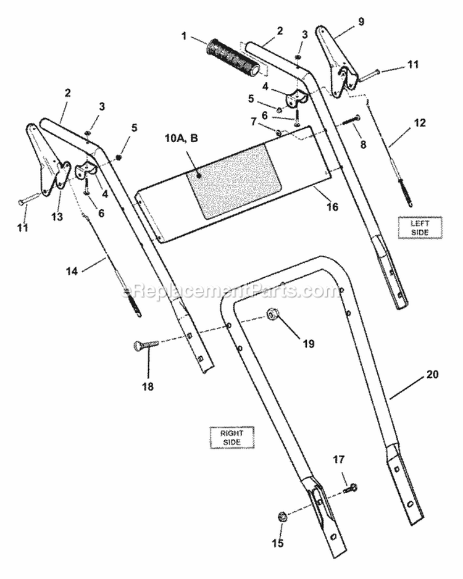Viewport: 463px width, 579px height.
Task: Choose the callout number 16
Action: coord(332,207)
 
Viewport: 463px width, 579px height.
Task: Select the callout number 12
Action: coord(419,123)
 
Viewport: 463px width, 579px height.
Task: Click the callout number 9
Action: coord(361,22)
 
